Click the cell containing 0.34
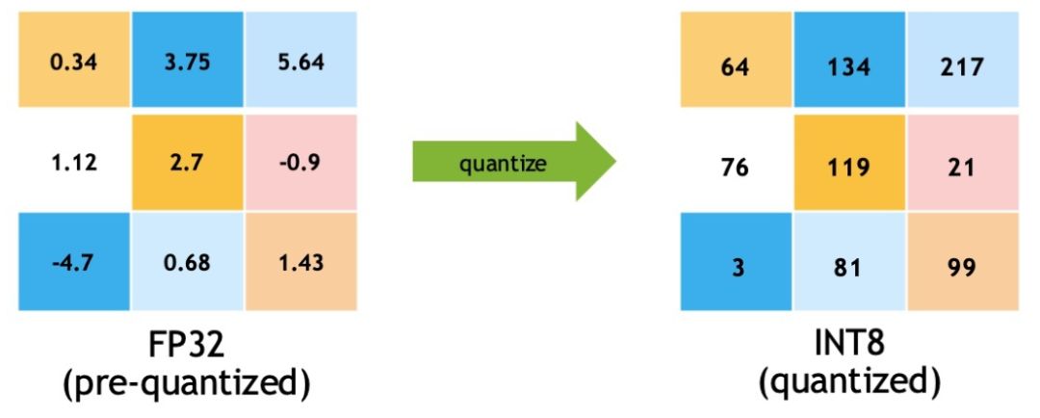(x=72, y=64)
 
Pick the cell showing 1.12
(x=72, y=163)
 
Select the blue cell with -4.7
(x=72, y=262)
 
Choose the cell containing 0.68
(x=185, y=262)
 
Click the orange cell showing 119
(x=848, y=167)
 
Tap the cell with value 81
(x=848, y=266)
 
